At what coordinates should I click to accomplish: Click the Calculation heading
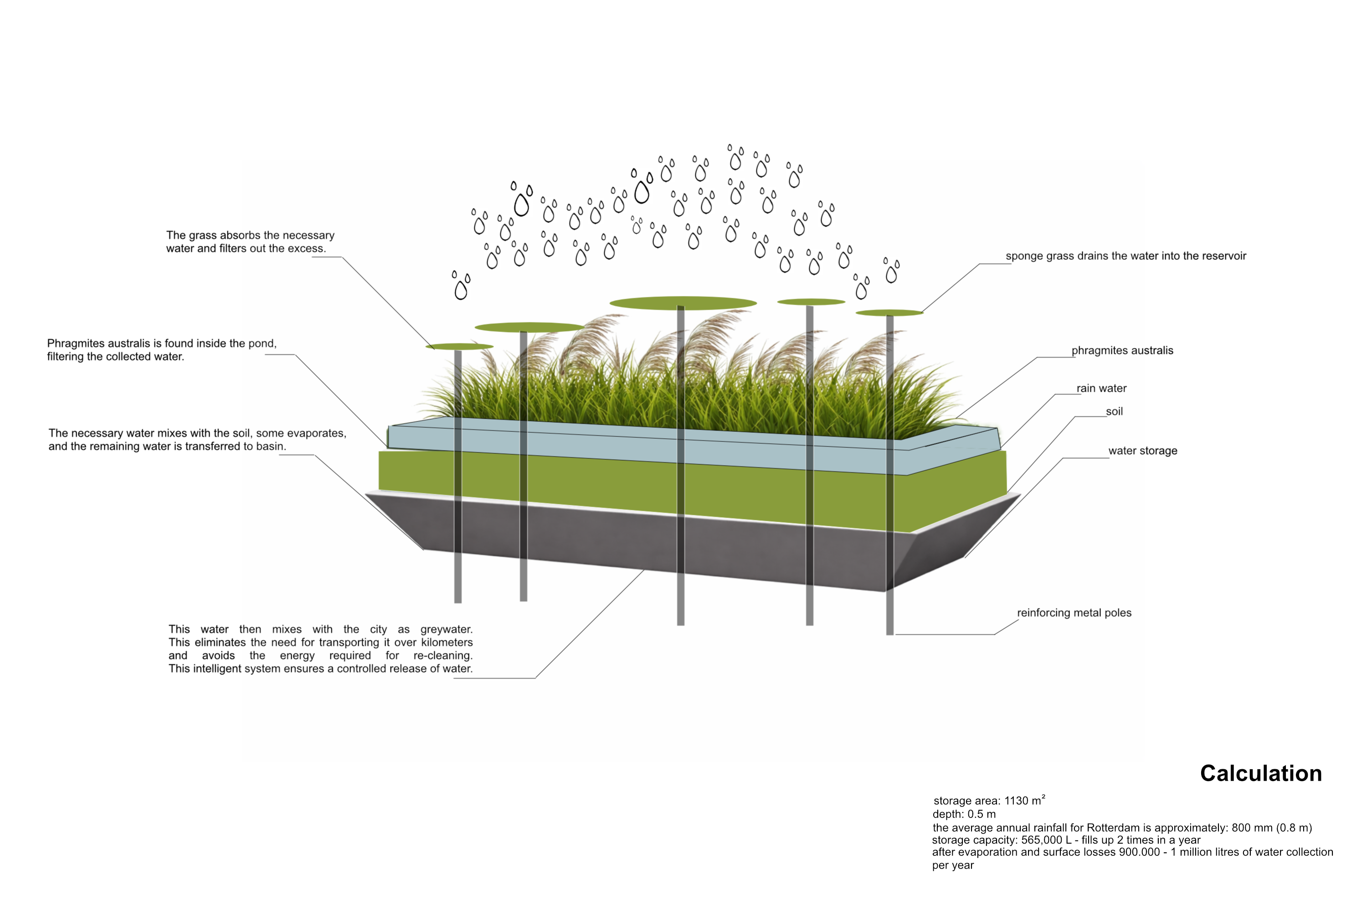pos(1261,773)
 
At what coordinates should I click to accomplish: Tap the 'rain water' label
pos(1101,388)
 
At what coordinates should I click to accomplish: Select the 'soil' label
pos(1114,411)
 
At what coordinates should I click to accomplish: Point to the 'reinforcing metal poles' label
pos(1074,612)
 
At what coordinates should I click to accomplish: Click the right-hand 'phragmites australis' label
pos(1122,350)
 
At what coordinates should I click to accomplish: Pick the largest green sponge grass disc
pos(683,302)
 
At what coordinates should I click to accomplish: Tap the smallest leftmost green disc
pos(459,347)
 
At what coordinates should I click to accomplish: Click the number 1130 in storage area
pos(1016,801)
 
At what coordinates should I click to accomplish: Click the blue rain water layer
pos(639,445)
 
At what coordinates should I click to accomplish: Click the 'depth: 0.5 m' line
pos(964,814)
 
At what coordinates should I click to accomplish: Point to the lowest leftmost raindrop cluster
pos(462,285)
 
